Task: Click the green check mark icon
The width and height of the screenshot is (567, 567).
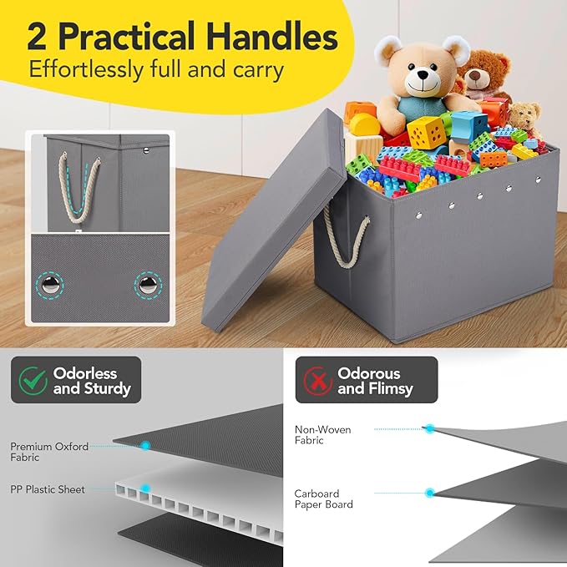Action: pyautogui.click(x=34, y=381)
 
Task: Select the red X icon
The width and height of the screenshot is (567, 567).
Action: pyautogui.click(x=318, y=381)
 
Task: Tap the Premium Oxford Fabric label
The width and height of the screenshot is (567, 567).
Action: pyautogui.click(x=49, y=452)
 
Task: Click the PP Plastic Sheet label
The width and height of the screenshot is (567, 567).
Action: pyautogui.click(x=48, y=489)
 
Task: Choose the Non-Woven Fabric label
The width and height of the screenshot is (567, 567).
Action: pyautogui.click(x=322, y=435)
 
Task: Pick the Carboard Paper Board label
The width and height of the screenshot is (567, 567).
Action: pyautogui.click(x=323, y=499)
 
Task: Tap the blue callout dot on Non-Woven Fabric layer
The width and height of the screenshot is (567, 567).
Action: pyautogui.click(x=430, y=428)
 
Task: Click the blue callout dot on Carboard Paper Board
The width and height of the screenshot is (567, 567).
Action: pyautogui.click(x=430, y=493)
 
